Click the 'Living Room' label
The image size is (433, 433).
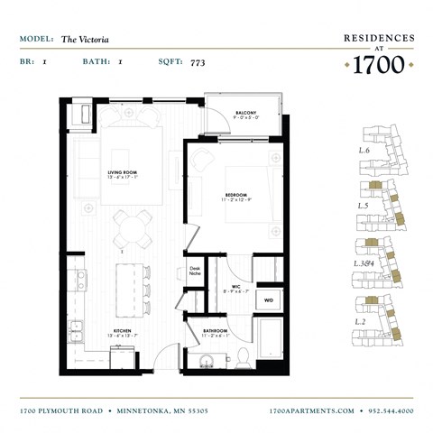(121, 174)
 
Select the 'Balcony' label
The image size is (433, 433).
(247, 113)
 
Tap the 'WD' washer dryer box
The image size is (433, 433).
(268, 299)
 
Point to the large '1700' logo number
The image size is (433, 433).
(379, 64)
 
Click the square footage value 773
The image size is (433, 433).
(198, 63)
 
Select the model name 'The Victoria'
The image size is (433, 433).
(82, 40)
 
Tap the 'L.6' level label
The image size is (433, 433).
(364, 151)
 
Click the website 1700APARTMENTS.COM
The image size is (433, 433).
(312, 410)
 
